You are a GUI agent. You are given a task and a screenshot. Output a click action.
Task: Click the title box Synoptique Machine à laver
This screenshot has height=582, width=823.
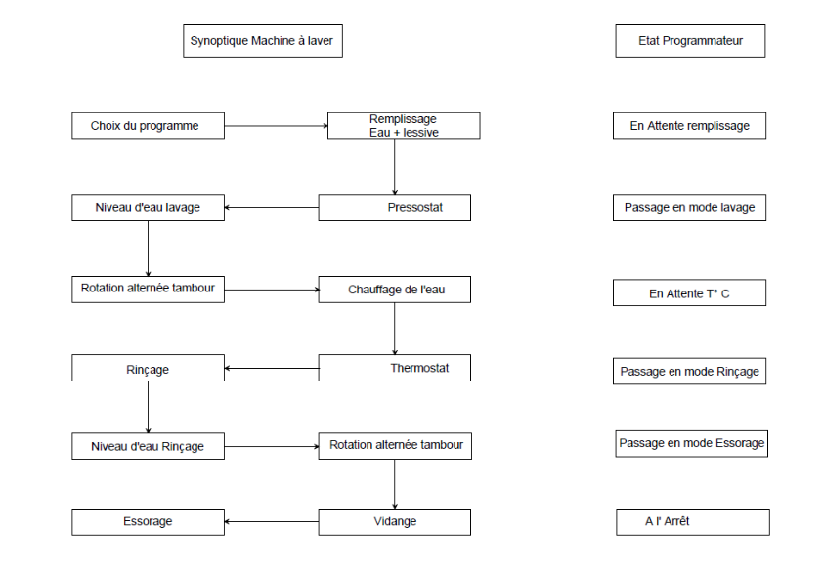(263, 41)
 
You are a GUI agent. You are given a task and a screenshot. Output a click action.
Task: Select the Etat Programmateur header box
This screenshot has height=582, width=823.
(690, 41)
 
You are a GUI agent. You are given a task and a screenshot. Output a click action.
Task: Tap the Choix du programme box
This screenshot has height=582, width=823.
(148, 126)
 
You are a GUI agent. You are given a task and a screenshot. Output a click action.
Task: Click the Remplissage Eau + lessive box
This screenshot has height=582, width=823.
(404, 126)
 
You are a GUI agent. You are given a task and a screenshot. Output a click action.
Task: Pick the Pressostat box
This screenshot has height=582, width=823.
(395, 207)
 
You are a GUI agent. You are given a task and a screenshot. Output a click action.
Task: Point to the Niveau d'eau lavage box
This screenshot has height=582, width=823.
(148, 207)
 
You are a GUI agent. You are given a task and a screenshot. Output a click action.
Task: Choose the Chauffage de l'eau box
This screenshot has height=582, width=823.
(395, 290)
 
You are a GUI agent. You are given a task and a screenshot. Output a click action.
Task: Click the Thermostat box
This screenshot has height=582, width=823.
(395, 368)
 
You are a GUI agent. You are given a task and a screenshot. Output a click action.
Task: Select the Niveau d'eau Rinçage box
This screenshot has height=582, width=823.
(148, 446)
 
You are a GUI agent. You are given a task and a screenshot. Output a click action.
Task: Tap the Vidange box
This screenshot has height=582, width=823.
(395, 522)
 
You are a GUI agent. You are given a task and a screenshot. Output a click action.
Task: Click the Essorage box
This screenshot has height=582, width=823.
(148, 522)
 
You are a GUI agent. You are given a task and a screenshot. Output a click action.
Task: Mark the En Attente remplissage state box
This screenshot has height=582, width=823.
(690, 126)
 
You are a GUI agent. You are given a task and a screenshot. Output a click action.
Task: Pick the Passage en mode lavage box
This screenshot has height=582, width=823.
(690, 207)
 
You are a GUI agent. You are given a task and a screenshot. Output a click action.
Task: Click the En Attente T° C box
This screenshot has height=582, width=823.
(690, 292)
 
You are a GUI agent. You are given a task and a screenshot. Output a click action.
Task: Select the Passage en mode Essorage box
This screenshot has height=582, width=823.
(692, 444)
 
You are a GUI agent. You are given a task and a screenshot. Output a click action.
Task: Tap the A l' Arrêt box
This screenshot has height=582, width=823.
(693, 522)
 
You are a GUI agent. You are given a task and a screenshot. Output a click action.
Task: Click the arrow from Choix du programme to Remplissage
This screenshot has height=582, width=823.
(276, 126)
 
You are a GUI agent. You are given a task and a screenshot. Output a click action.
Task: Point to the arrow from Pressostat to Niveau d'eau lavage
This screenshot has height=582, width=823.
(272, 208)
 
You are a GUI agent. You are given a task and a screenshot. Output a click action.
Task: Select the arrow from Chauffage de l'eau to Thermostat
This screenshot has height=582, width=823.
(395, 329)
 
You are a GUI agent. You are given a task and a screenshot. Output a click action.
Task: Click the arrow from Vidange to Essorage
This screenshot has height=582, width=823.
(272, 522)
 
